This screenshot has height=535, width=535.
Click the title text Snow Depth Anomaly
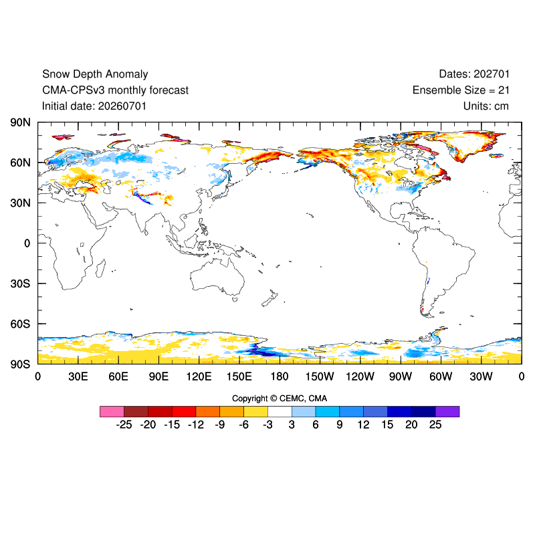coord(95,74)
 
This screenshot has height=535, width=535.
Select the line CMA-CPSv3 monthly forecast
coord(115,90)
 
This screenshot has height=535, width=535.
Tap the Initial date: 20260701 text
coord(94,106)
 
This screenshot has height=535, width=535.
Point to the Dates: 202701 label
coord(474,74)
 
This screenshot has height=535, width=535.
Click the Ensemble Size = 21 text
coord(461,90)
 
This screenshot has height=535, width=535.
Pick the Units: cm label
coord(486,106)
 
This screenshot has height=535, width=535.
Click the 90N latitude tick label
coord(20,122)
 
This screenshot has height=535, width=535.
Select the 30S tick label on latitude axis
coord(20,284)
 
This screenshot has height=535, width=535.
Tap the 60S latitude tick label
coord(20,324)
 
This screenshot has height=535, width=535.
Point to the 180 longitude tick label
coord(280,377)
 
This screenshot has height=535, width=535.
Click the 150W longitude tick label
coord(320,377)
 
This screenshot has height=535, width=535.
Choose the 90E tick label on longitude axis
coord(158,377)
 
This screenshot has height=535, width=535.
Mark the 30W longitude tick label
coord(481,377)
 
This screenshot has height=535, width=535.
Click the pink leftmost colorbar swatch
coord(112,411)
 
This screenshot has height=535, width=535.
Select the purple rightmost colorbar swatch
coord(447,411)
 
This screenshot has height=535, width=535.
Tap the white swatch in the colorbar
coord(280,411)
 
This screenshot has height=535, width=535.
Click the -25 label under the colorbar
coord(124,425)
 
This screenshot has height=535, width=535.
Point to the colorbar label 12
coord(363,425)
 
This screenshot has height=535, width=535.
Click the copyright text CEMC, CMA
coord(303,399)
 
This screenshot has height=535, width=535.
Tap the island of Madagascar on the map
coord(100,268)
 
